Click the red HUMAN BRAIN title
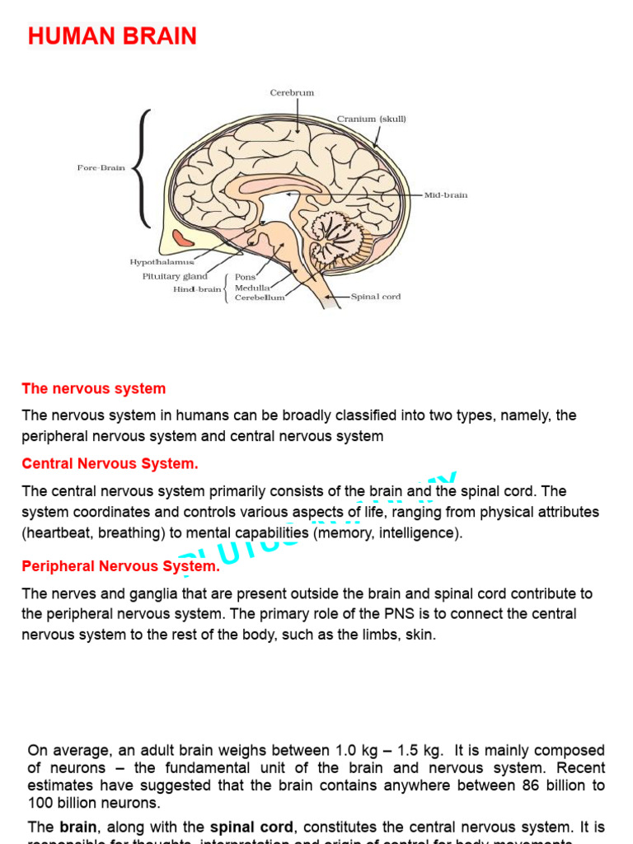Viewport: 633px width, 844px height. [112, 36]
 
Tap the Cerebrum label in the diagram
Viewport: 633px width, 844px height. [292, 93]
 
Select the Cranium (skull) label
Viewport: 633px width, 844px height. [371, 120]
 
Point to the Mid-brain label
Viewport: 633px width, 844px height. [446, 195]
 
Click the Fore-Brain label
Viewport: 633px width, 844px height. [101, 168]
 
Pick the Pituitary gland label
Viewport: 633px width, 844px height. [175, 277]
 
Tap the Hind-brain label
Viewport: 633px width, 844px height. [197, 289]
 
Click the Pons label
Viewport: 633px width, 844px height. [246, 278]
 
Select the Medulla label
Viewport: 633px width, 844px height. [251, 288]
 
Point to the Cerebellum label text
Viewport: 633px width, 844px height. [260, 298]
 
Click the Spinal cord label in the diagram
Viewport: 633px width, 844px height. [376, 297]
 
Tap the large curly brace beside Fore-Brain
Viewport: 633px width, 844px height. [143, 168]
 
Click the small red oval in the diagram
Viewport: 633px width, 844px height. [184, 239]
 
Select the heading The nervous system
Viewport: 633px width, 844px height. [94, 389]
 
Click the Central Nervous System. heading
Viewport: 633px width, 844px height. [110, 464]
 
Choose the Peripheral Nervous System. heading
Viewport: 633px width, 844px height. [121, 566]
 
